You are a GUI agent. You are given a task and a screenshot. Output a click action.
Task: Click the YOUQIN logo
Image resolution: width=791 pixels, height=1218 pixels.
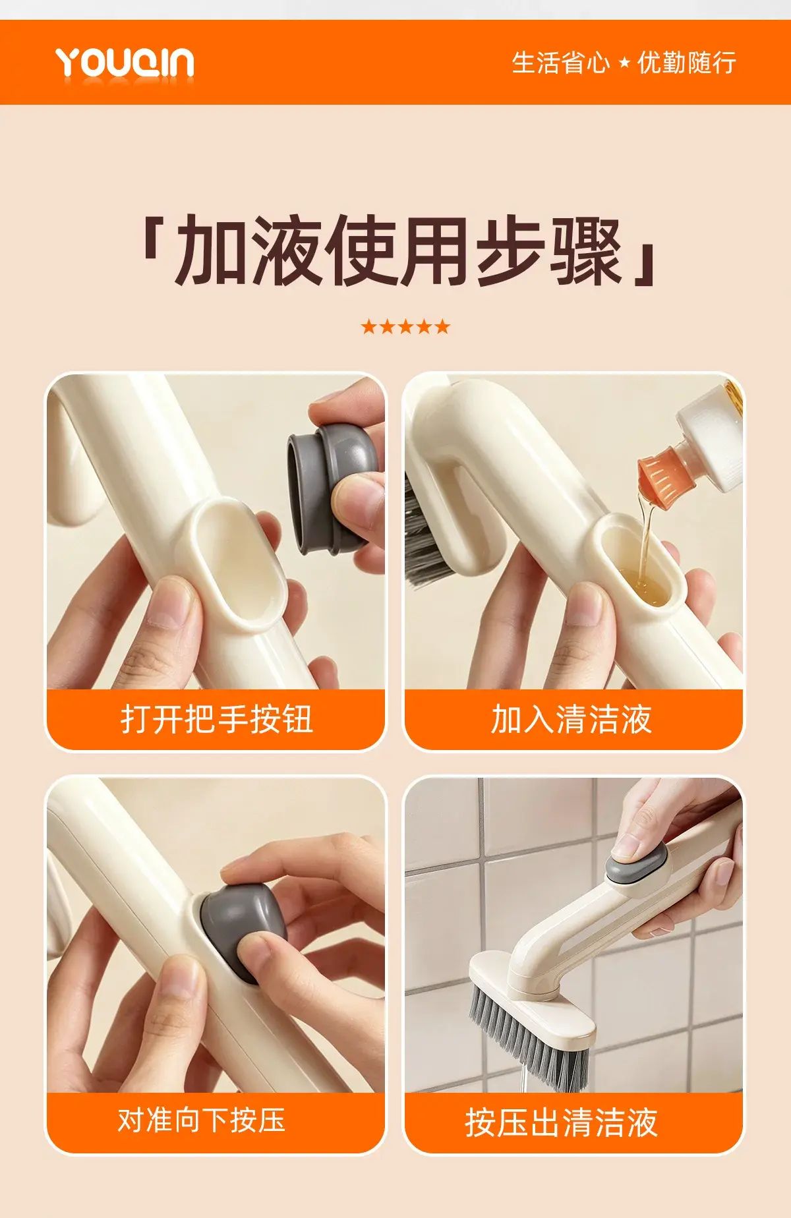click(125, 63)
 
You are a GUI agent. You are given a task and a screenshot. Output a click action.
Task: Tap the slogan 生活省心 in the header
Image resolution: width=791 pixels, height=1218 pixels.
click(560, 63)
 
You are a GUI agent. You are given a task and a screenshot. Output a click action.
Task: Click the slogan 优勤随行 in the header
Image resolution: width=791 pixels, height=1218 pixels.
click(686, 63)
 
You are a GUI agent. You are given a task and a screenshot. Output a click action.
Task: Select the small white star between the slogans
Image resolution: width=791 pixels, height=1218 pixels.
click(624, 63)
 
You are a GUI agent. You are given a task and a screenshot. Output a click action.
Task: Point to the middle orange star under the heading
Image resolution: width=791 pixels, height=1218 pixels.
click(405, 326)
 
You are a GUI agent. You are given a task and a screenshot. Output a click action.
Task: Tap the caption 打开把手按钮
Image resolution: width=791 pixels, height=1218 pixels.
click(216, 718)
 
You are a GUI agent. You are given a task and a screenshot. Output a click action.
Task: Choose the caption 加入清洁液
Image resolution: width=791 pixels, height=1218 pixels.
click(571, 718)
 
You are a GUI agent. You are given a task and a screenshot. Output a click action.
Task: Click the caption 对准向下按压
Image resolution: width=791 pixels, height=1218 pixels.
click(201, 1120)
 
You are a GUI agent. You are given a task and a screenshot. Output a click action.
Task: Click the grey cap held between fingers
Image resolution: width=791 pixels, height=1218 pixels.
click(332, 486)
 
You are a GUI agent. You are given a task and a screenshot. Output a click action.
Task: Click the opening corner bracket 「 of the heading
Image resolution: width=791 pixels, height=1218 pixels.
click(154, 241)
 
